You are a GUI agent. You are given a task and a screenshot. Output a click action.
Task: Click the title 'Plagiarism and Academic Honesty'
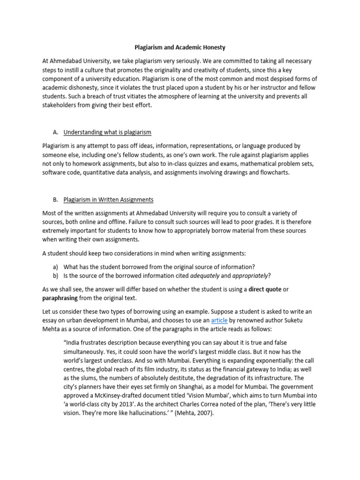pos(180,47)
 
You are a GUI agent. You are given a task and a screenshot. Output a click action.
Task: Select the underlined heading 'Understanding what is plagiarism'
pos(107,132)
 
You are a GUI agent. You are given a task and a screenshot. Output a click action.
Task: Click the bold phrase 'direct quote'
pos(265,289)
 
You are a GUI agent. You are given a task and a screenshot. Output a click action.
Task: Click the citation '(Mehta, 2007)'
pos(187,413)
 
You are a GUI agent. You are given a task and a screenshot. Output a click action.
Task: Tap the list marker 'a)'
pos(55,266)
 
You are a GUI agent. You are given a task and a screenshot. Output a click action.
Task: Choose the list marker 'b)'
pos(55,275)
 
